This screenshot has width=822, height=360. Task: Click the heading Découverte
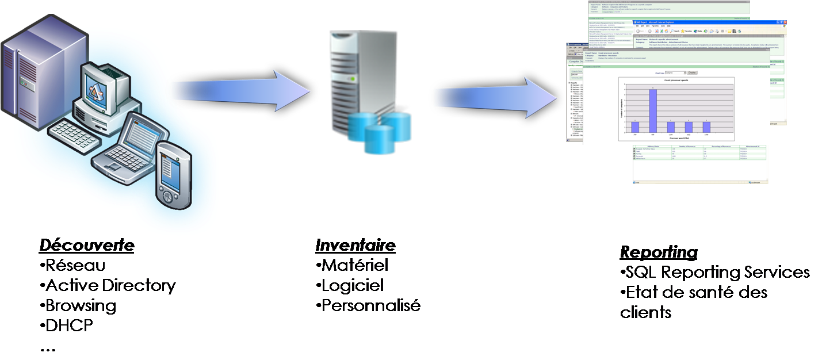[x=87, y=246]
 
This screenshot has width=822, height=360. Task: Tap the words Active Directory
[x=110, y=286]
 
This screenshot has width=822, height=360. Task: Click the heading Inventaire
[x=355, y=246]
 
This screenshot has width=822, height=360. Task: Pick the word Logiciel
[x=352, y=285]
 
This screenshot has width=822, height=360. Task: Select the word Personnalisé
[x=370, y=305]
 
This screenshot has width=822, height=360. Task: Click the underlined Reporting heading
[x=659, y=252]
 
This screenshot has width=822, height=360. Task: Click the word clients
[x=645, y=312]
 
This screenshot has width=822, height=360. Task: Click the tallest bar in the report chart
[x=653, y=110]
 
